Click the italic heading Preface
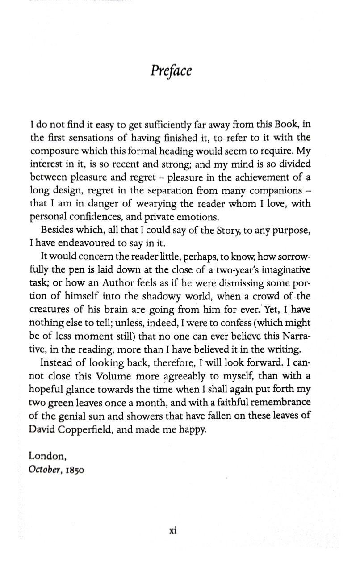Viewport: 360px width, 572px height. coord(171,71)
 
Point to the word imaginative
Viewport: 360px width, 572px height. coord(285,272)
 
